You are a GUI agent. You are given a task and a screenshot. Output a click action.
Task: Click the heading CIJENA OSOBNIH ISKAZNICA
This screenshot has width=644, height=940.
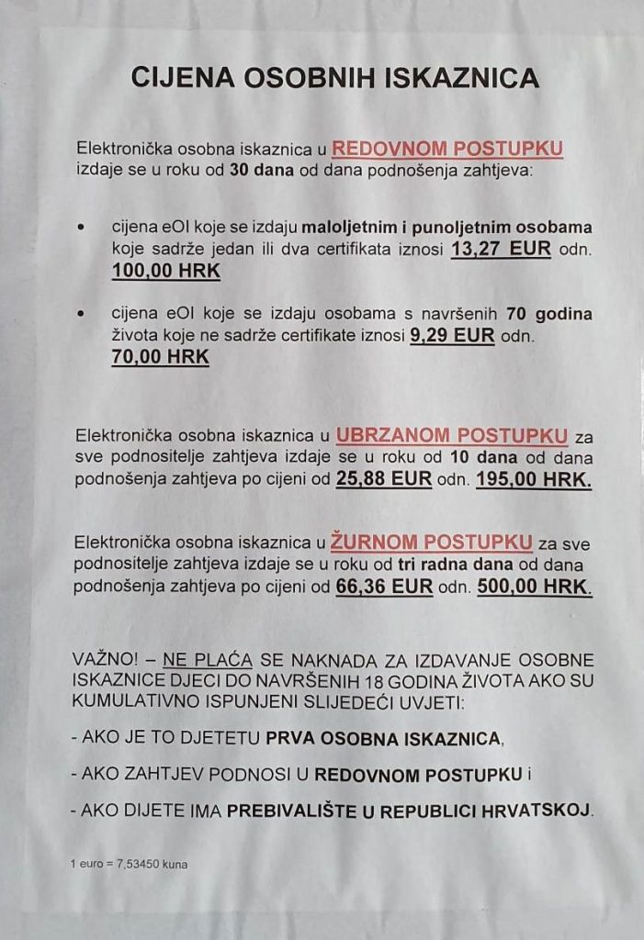334,77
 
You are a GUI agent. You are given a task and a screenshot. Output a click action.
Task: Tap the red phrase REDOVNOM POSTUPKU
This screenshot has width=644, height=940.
447,149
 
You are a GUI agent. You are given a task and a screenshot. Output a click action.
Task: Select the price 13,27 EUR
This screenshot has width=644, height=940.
501,249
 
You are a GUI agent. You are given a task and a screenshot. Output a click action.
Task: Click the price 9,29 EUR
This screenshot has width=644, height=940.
452,336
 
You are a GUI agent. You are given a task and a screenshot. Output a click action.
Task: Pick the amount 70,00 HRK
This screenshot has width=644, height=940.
161,358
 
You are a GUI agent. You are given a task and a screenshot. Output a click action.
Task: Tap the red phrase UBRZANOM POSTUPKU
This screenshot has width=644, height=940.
451,435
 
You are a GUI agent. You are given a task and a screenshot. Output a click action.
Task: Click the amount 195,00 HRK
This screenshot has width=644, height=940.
534,479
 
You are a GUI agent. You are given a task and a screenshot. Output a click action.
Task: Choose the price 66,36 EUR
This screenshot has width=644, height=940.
384,587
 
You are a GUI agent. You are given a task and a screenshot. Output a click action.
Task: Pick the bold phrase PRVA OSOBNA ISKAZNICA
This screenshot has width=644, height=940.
384,737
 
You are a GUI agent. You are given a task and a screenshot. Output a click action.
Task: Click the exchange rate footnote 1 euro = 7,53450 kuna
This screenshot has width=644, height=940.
129,864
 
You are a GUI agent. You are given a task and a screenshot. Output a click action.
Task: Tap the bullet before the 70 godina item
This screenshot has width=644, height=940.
84,314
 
